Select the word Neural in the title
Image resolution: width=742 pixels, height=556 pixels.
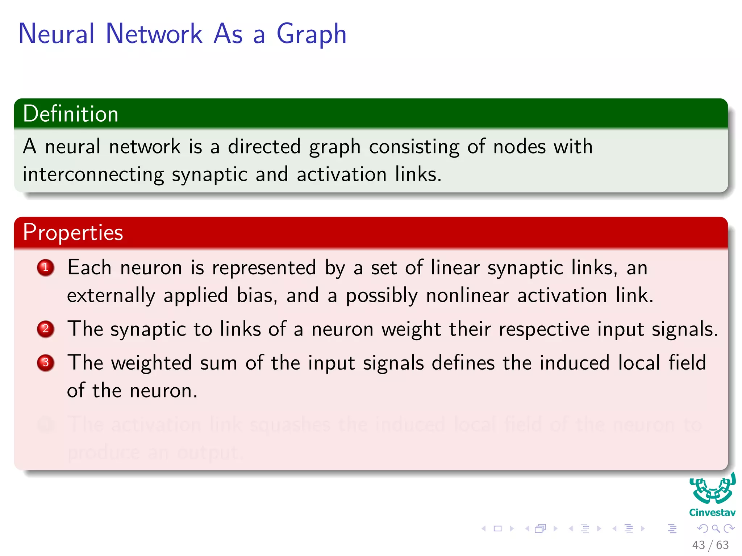tap(57, 34)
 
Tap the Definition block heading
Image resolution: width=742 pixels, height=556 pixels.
tap(71, 114)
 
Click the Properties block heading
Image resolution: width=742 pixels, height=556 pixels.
tap(73, 232)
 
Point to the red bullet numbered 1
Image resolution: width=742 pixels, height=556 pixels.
tap(46, 268)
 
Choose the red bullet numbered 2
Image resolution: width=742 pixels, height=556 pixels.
tap(46, 329)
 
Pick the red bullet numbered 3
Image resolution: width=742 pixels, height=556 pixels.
tap(46, 363)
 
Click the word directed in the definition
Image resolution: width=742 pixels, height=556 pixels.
tap(264, 147)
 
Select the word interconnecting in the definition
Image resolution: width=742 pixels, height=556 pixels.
tap(93, 174)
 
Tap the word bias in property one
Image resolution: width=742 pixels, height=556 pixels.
tap(257, 295)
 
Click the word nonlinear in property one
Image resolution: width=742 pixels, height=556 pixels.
tap(467, 295)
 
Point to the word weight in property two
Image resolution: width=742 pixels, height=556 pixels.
tap(411, 329)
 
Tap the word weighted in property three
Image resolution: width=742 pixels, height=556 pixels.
tap(151, 363)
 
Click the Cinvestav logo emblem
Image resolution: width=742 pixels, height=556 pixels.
tap(712, 490)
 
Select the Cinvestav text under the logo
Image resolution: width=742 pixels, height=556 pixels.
tap(712, 513)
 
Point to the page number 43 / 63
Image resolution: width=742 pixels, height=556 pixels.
tap(710, 545)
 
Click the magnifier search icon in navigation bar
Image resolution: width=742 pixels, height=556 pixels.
tap(716, 529)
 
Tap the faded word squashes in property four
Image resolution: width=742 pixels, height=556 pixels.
tap(290, 424)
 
